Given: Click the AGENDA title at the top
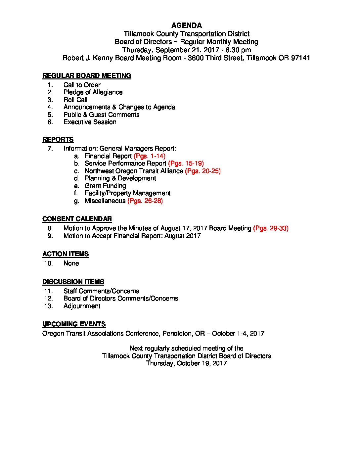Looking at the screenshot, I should point(187,25).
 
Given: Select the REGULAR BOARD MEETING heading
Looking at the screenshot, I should point(87,76).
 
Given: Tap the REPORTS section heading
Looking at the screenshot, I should point(58,140).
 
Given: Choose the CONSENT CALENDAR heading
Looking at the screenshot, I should point(77,219).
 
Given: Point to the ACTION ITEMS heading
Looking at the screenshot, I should point(66,254).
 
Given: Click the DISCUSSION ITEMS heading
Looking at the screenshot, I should point(73,282).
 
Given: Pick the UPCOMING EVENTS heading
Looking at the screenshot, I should point(74,324).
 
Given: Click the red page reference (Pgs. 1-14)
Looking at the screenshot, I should point(150,156).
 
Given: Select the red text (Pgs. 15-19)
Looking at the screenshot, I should point(186,163).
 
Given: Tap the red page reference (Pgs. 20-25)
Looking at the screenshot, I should point(203,171).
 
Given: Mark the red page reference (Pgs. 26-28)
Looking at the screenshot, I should point(145,201).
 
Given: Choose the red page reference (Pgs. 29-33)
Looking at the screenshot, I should point(271,228).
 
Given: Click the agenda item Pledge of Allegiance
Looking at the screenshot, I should point(93,92).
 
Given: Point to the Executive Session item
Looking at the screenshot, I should point(90,122).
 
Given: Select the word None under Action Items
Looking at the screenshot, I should point(71,263).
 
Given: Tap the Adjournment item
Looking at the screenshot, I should point(82,306).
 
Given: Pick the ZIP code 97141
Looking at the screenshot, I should point(300,58).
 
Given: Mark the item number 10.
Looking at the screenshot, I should point(48,263).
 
